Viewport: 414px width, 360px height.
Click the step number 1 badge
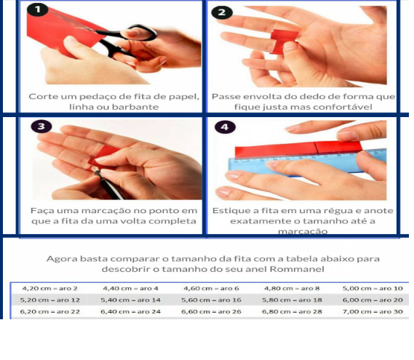click(37, 9)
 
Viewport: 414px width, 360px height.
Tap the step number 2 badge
click(222, 12)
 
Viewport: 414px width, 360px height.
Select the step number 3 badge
click(41, 127)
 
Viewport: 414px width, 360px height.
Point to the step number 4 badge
click(225, 127)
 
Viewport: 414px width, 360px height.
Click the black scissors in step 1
click(124, 39)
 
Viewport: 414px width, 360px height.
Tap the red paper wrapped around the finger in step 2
click(284, 41)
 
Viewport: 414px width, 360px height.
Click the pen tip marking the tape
click(95, 169)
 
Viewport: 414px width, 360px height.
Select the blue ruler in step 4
click(306, 164)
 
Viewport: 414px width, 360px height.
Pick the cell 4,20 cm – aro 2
click(50, 289)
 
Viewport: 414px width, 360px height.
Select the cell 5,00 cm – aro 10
click(373, 289)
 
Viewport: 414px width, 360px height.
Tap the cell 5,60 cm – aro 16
click(211, 300)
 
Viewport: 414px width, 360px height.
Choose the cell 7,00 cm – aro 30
click(373, 312)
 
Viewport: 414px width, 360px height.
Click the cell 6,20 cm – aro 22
click(50, 312)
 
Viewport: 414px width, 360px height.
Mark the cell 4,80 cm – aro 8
click(292, 289)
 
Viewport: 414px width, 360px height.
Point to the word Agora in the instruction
click(62, 259)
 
